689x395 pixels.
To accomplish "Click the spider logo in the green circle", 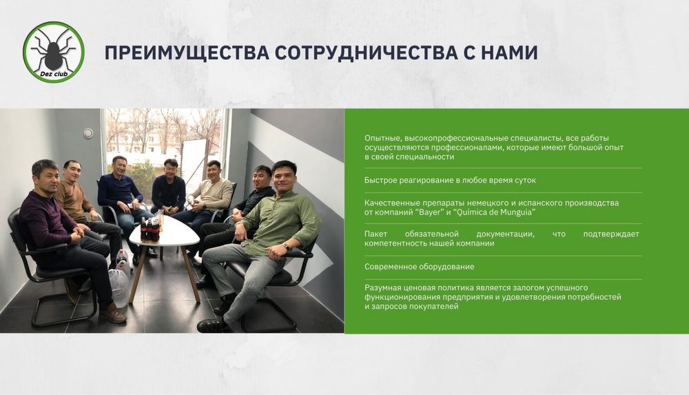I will [x=54, y=48].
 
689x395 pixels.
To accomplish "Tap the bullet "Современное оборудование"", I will [x=419, y=267].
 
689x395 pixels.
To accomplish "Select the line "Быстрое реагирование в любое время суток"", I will [x=450, y=180].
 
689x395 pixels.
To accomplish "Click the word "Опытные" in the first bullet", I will [x=380, y=138].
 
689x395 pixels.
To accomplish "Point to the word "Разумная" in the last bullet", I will [x=383, y=287].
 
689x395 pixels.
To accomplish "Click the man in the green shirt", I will [x=276, y=221].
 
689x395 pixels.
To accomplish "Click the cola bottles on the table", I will [x=150, y=228].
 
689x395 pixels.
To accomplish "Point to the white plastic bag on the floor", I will [x=119, y=287].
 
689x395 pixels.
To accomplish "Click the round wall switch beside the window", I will [x=88, y=134].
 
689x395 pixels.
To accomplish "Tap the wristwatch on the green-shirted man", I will [x=285, y=246].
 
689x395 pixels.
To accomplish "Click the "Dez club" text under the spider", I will [x=53, y=72].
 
